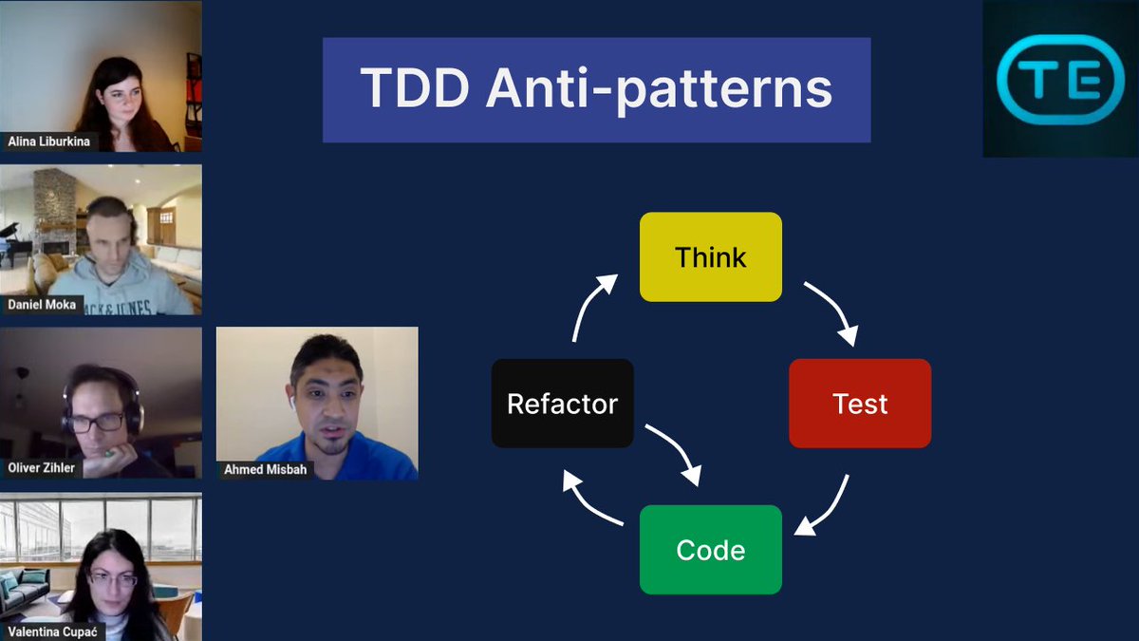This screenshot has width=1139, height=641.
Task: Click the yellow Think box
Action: pyautogui.click(x=710, y=256)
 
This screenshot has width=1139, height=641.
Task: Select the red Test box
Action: pyautogui.click(x=860, y=404)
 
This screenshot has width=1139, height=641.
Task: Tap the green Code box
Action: pyautogui.click(x=710, y=550)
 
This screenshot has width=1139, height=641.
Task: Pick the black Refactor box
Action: pyautogui.click(x=562, y=404)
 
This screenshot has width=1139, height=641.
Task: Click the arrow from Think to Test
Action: pyautogui.click(x=833, y=311)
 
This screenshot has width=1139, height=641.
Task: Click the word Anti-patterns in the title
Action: pyautogui.click(x=659, y=89)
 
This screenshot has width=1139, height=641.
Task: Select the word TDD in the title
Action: pyautogui.click(x=413, y=89)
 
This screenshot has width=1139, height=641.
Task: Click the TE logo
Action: pyautogui.click(x=1060, y=80)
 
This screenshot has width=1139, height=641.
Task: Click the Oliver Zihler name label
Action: pyautogui.click(x=41, y=468)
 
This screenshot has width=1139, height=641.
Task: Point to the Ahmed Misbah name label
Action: pyautogui.click(x=266, y=469)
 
